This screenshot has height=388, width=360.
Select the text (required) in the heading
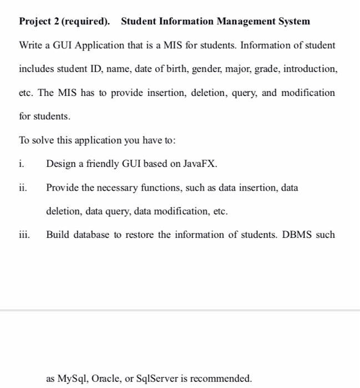click(84, 22)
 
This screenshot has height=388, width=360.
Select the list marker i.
click(21, 164)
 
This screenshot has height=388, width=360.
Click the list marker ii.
click(23, 188)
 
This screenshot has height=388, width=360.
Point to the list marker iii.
click(24, 235)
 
